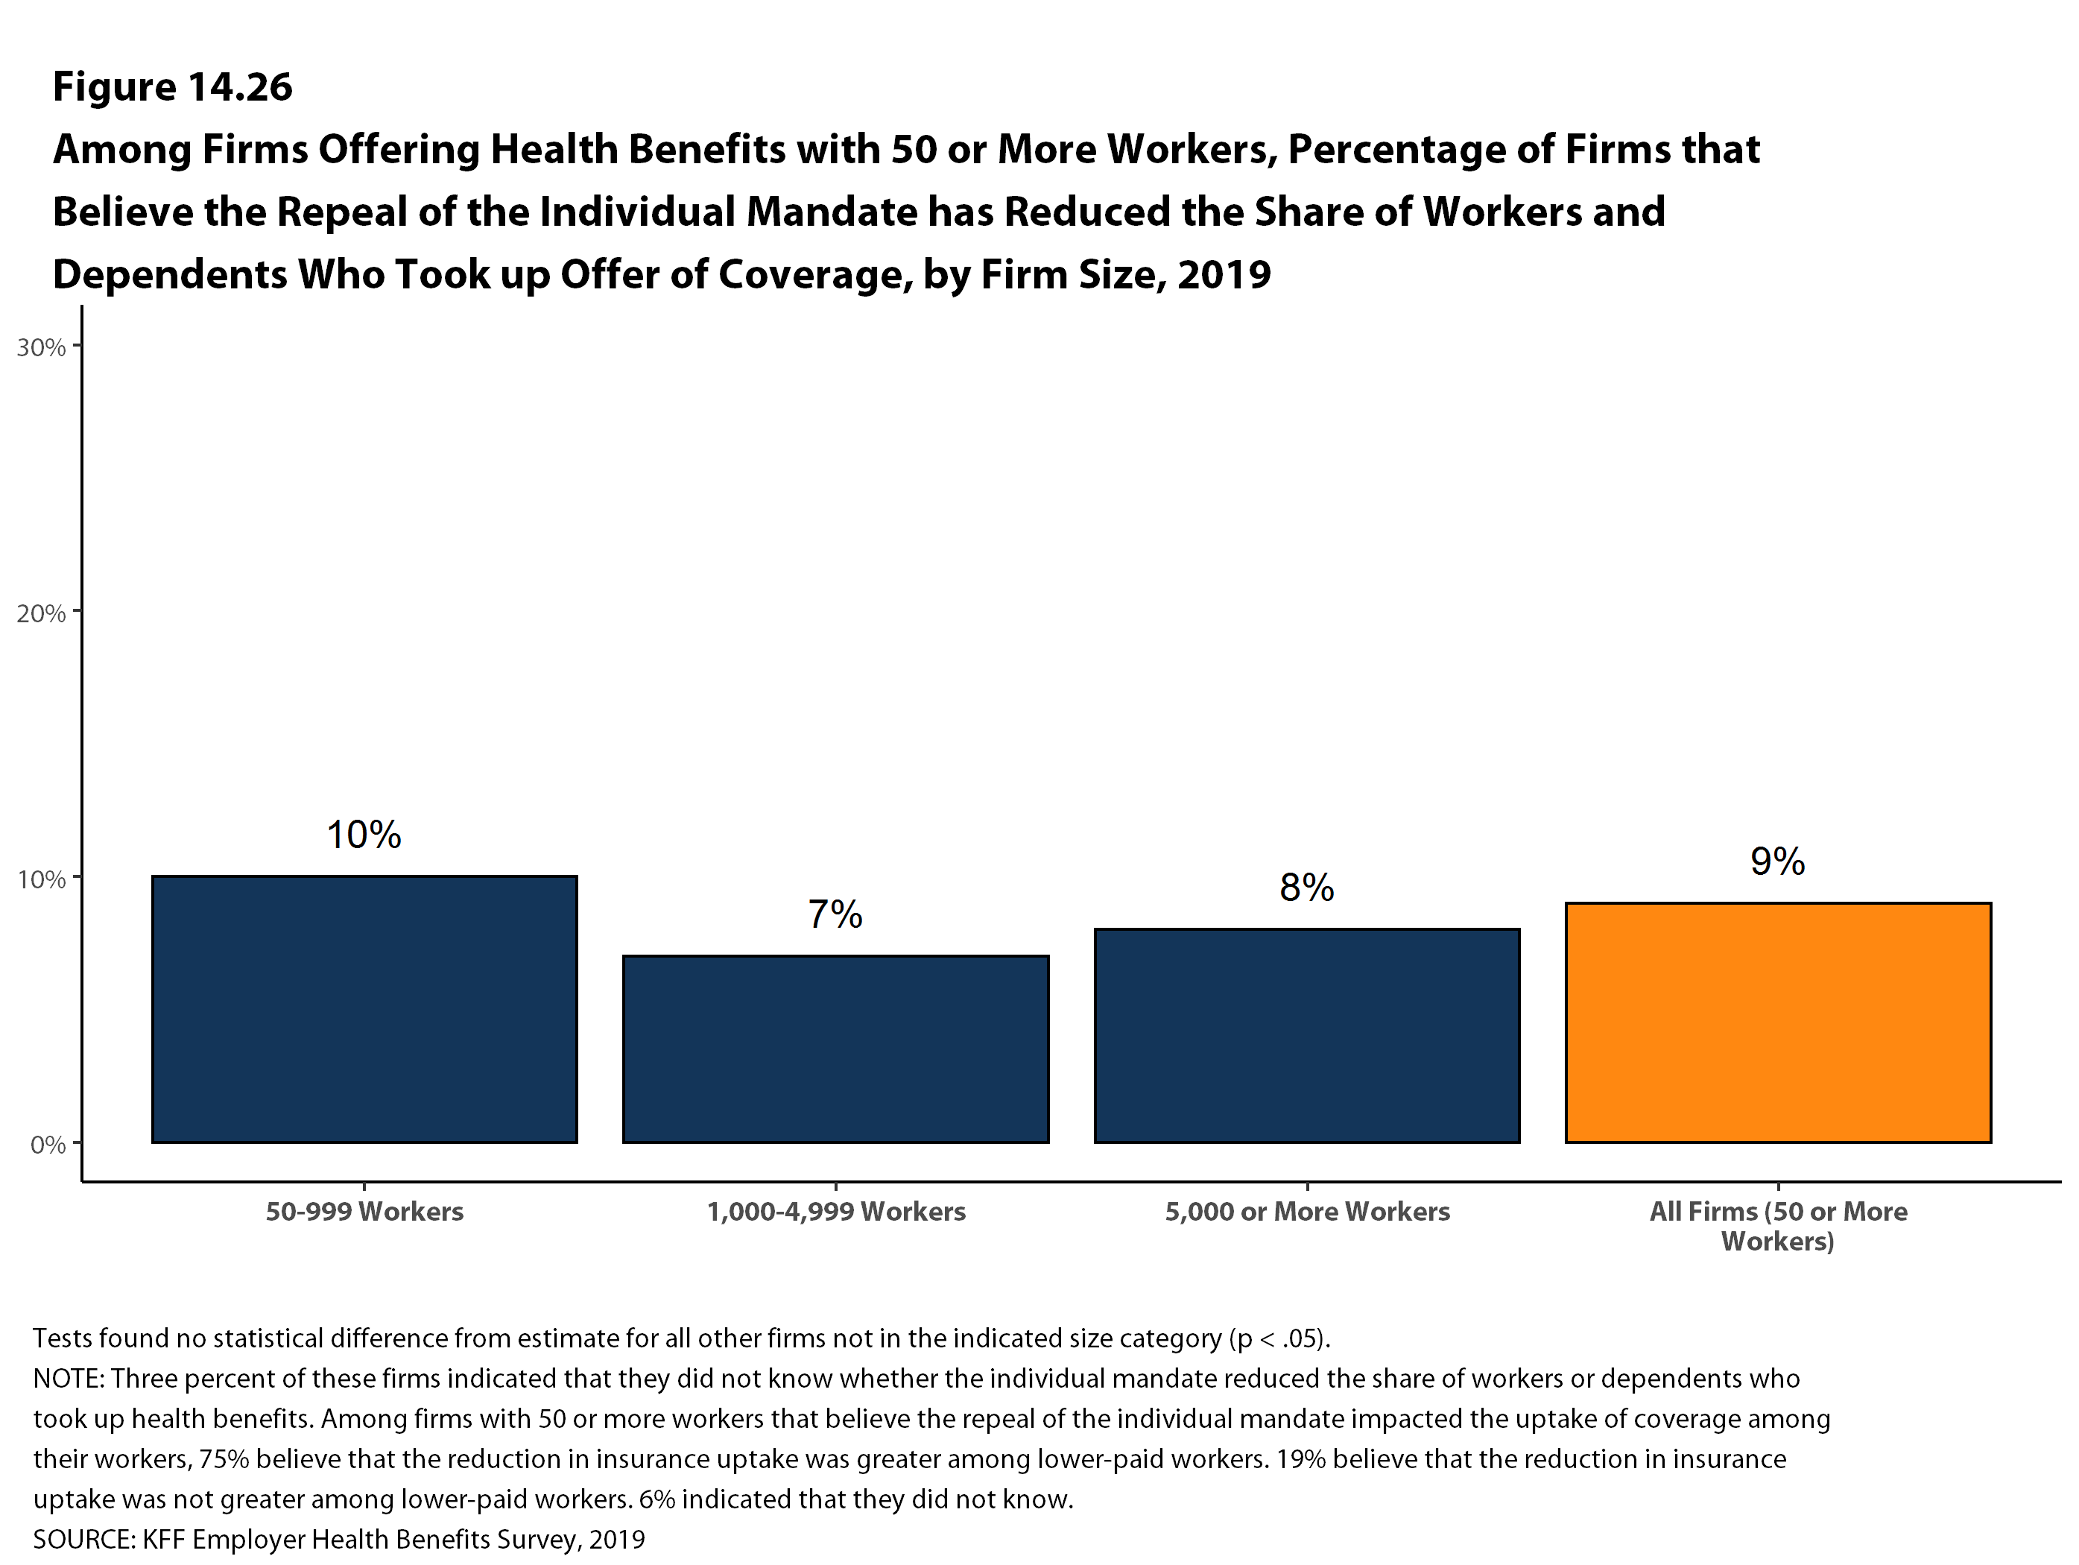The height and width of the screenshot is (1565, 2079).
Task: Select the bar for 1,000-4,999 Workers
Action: click(x=835, y=1049)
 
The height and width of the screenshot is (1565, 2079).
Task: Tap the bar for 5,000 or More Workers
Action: click(x=1306, y=1035)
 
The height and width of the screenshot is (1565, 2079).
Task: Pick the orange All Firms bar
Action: click(x=1777, y=1022)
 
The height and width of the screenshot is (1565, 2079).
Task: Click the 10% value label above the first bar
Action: click(x=364, y=835)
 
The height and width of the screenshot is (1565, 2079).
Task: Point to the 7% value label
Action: click(x=835, y=914)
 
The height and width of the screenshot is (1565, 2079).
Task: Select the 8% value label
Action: click(x=1306, y=888)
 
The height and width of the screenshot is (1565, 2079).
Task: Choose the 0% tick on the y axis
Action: click(x=48, y=1145)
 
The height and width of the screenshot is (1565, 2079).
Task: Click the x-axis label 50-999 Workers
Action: click(x=364, y=1212)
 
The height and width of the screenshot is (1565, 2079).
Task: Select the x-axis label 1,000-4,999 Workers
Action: click(x=835, y=1212)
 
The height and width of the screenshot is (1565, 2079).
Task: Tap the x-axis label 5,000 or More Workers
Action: click(x=1306, y=1212)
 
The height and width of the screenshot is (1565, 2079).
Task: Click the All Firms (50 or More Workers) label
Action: click(x=1777, y=1226)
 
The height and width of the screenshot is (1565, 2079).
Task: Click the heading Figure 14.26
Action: click(x=173, y=86)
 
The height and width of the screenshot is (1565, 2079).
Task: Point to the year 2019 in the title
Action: click(x=1224, y=274)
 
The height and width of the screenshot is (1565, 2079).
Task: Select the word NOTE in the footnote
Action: click(x=69, y=1379)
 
